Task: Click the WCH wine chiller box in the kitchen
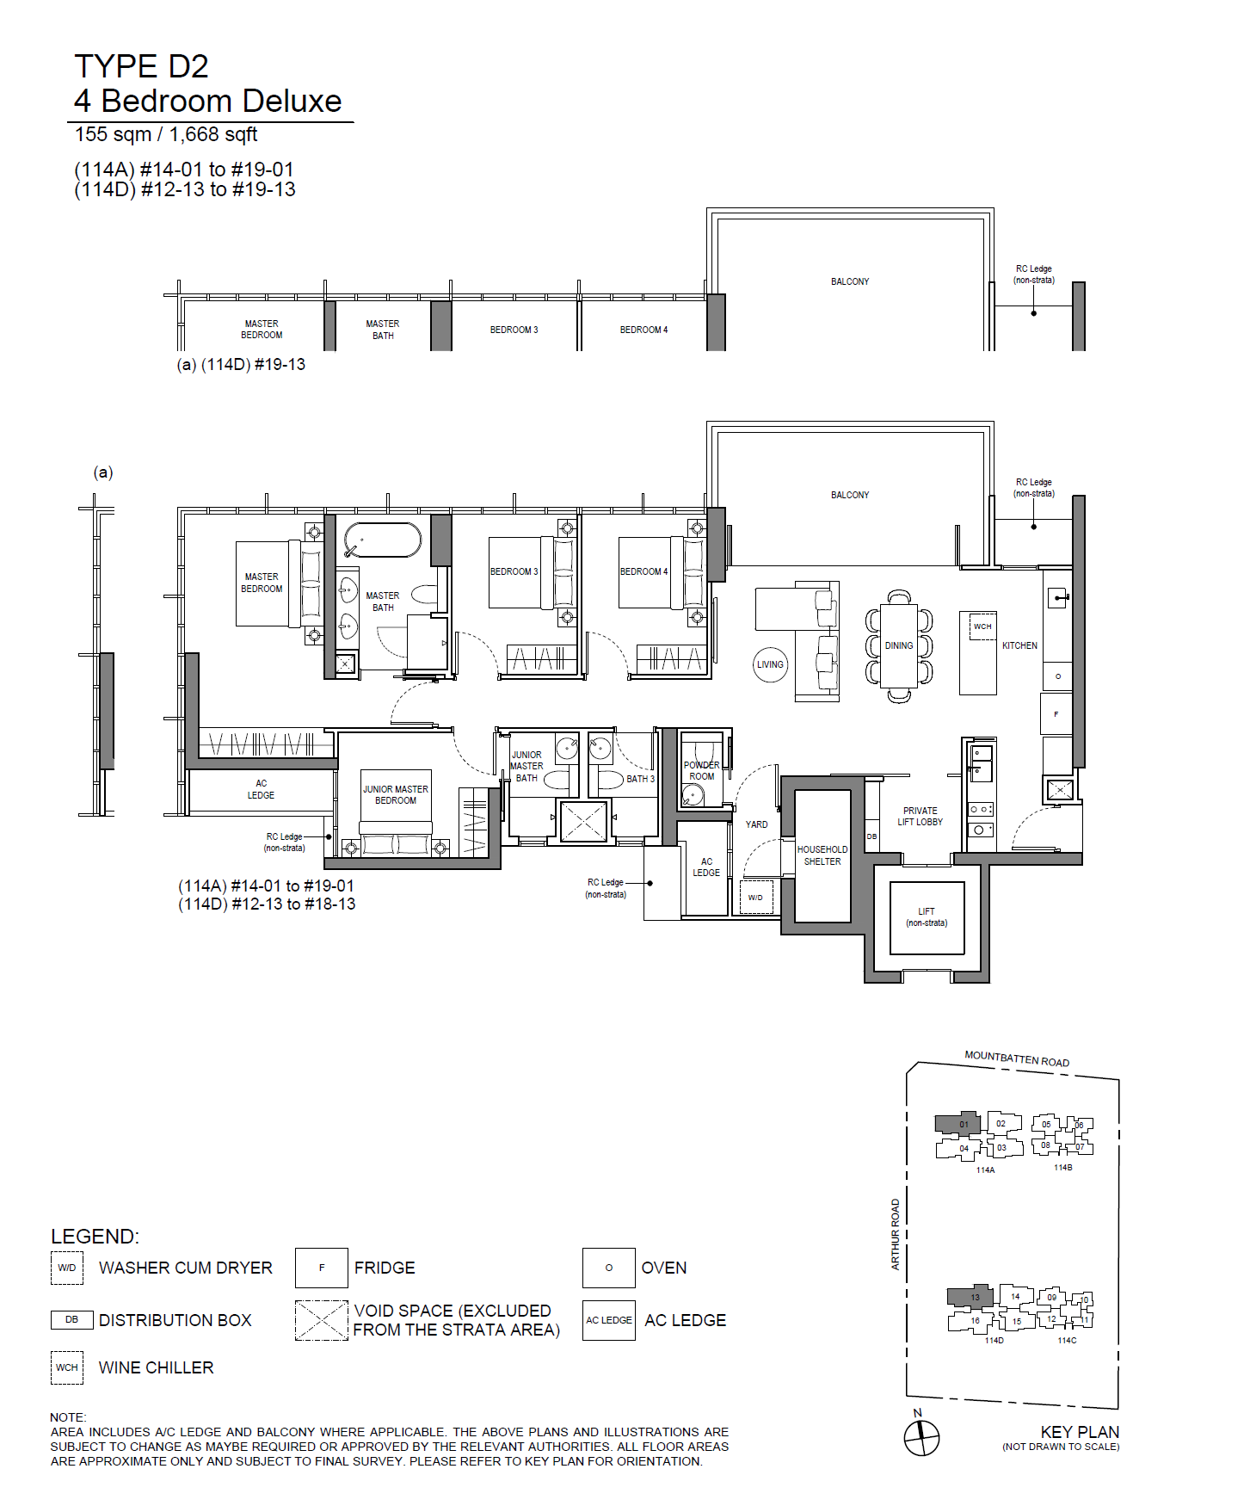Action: click(x=982, y=626)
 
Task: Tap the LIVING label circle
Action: click(x=770, y=664)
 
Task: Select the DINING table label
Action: click(x=899, y=645)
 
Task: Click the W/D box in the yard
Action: click(x=755, y=897)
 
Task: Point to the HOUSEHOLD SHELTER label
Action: click(x=822, y=855)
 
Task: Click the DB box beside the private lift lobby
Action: click(x=871, y=836)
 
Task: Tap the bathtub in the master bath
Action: click(x=383, y=540)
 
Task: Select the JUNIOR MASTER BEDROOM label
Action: click(x=396, y=794)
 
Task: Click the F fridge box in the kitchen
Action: click(x=1056, y=714)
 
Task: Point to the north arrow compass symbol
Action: click(x=921, y=1437)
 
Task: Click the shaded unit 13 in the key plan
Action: click(x=971, y=1297)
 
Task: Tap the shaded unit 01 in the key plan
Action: click(x=958, y=1123)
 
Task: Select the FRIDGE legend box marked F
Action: click(x=322, y=1268)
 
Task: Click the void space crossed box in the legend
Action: click(x=322, y=1320)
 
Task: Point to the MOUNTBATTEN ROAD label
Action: click(x=1017, y=1058)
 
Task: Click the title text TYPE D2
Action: click(x=141, y=66)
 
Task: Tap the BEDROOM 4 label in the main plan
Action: click(x=643, y=571)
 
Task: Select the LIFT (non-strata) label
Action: click(x=927, y=917)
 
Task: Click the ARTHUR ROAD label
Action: click(x=896, y=1234)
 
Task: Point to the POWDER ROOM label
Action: click(x=702, y=770)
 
